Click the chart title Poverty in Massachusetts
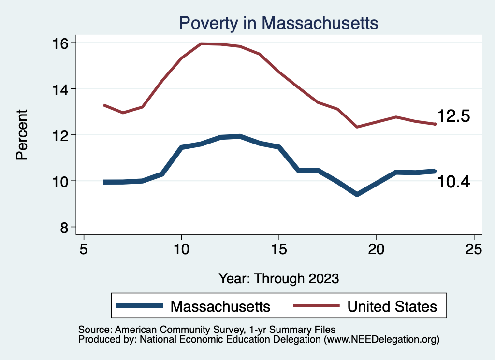click(278, 23)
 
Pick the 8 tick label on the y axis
click(66, 227)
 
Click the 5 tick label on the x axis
click(84, 249)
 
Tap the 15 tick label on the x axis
click(279, 249)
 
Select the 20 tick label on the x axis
click(376, 249)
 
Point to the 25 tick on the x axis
click(474, 249)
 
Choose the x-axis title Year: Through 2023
click(279, 279)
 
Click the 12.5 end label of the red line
click(453, 116)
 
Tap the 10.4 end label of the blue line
click(453, 182)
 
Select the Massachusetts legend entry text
click(220, 306)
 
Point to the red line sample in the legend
click(315, 306)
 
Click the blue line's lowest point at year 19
click(357, 194)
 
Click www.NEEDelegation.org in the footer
click(381, 340)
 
